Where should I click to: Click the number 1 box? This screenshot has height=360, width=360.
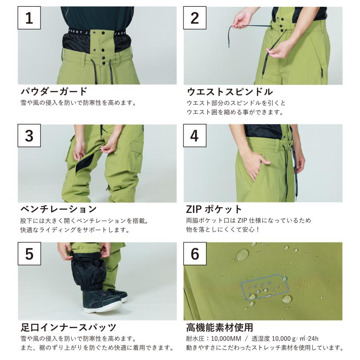[29, 18]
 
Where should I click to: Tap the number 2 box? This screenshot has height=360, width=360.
[194, 18]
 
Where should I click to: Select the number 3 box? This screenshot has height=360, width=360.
[29, 136]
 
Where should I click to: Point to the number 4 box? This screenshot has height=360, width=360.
[194, 136]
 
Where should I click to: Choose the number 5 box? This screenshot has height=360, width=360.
[29, 254]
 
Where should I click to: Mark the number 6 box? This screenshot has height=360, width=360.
[194, 254]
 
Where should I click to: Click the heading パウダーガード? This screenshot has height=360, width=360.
[53, 92]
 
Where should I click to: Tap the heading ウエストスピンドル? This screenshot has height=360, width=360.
[230, 92]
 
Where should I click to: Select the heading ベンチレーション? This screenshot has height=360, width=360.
[58, 209]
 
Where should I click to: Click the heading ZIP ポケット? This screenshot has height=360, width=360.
[214, 209]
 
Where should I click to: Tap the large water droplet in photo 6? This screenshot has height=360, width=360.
[242, 254]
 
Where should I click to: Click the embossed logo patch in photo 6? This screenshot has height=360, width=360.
[262, 286]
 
